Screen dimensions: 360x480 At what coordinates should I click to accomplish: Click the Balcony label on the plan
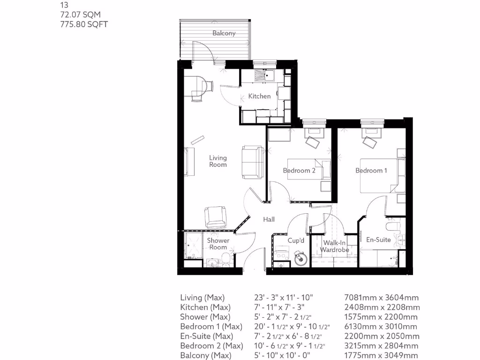pyautogui.click(x=224, y=33)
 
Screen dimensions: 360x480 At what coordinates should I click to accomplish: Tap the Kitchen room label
pyautogui.click(x=259, y=96)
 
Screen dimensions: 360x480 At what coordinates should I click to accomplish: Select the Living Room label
pyautogui.click(x=218, y=161)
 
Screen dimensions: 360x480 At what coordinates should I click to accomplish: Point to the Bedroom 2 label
pyautogui.click(x=299, y=171)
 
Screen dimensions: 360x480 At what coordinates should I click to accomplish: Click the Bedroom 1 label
pyautogui.click(x=371, y=171)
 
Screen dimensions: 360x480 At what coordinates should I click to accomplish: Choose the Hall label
pyautogui.click(x=269, y=219)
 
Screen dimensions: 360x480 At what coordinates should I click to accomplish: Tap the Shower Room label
pyautogui.click(x=218, y=244)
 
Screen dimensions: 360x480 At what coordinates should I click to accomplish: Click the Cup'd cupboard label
pyautogui.click(x=296, y=240)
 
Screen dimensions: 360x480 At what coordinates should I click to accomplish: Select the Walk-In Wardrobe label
pyautogui.click(x=335, y=246)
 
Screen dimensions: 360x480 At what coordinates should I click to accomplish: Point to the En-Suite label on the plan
pyautogui.click(x=378, y=240)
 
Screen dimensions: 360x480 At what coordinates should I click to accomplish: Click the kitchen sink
pyautogui.click(x=265, y=75)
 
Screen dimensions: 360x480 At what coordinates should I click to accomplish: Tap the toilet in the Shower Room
pyautogui.click(x=225, y=259)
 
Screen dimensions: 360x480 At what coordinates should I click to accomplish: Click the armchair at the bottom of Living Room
pyautogui.click(x=215, y=217)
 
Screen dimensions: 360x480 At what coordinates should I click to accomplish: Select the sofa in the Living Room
pyautogui.click(x=252, y=162)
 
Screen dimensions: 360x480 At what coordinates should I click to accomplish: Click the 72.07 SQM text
pyautogui.click(x=80, y=15)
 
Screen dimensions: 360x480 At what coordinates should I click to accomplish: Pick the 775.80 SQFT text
pyautogui.click(x=84, y=24)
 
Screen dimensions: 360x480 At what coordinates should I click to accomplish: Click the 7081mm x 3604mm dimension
pyautogui.click(x=382, y=298)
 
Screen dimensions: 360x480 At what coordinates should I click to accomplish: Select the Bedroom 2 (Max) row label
pyautogui.click(x=211, y=346)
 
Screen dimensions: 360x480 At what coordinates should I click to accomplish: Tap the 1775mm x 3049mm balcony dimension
pyautogui.click(x=382, y=356)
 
